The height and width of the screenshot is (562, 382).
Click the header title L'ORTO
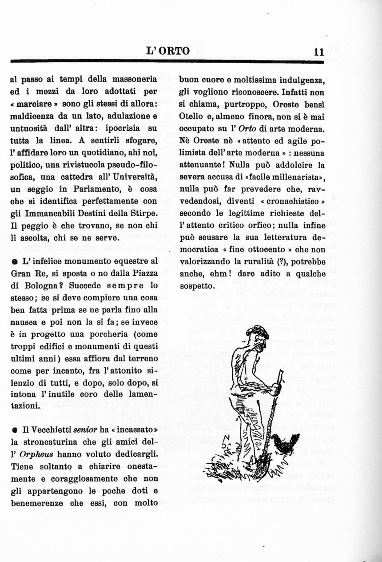(x=168, y=51)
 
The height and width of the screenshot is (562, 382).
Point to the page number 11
(x=318, y=52)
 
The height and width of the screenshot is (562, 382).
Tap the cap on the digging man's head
(x=258, y=331)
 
